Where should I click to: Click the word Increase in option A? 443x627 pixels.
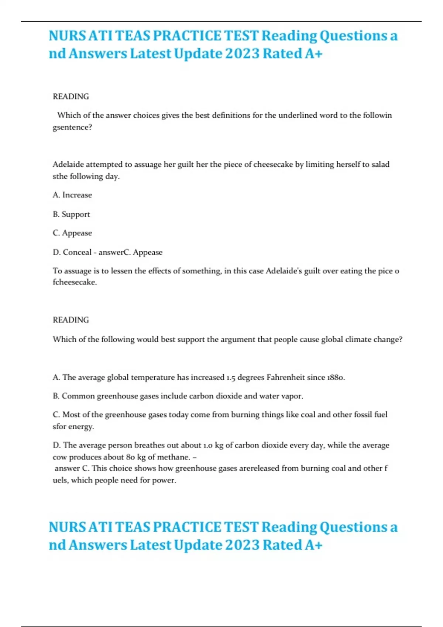tap(77, 195)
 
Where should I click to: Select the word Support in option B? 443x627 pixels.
tap(76, 214)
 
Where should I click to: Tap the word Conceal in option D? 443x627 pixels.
tap(77, 252)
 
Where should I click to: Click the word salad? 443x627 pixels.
tap(380, 164)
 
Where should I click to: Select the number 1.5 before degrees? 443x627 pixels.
tap(231, 377)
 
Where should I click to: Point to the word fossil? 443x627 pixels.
tap(358, 415)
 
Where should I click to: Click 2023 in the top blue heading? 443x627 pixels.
tap(242, 53)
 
